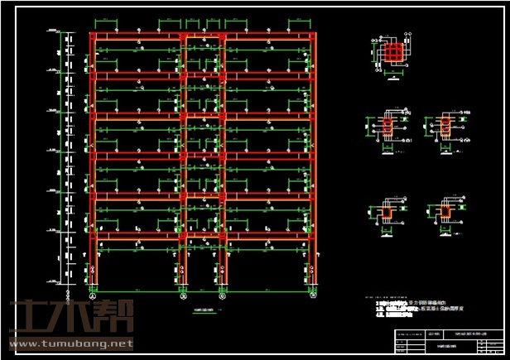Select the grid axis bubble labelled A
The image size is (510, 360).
(x=93, y=295)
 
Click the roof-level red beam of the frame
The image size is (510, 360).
(x=203, y=36)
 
